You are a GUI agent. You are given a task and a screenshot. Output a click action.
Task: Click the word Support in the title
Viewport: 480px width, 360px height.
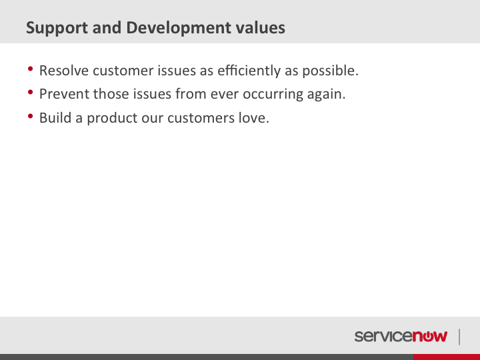57,28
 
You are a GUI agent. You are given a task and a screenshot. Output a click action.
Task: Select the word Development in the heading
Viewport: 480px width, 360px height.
179,28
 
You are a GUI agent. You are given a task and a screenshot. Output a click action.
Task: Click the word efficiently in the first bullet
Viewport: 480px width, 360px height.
249,71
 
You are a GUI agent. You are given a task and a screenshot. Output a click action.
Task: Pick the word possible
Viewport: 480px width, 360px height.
330,71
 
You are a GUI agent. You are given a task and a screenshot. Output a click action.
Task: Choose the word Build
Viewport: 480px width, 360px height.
55,117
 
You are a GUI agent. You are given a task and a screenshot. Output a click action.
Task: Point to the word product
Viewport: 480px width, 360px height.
112,118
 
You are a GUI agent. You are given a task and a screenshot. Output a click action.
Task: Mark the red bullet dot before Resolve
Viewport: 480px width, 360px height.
30,69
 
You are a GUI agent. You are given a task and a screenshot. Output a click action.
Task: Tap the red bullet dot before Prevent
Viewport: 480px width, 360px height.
30,92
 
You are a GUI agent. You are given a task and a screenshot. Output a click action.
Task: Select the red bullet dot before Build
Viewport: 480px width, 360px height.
30,116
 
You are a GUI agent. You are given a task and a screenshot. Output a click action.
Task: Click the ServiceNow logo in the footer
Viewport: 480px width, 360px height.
401,336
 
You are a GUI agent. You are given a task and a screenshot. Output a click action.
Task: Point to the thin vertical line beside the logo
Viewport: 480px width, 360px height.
459,337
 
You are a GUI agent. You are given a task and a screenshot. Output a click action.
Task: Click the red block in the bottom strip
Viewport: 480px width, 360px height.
446,357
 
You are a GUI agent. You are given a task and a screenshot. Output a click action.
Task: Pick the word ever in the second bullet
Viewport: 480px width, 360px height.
225,94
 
